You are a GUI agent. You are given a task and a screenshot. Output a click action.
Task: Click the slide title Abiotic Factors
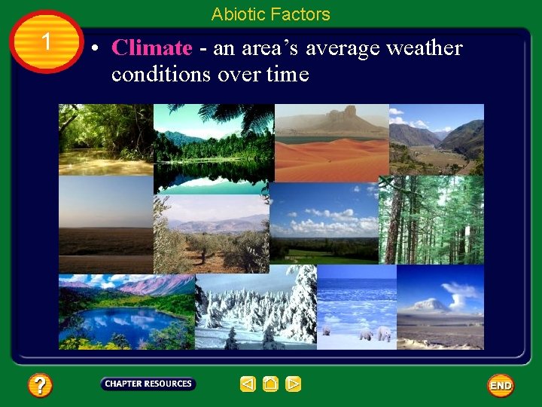(270, 14)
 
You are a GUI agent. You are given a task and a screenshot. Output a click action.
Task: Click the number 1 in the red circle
(47, 41)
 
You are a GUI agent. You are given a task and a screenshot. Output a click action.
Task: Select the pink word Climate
(151, 48)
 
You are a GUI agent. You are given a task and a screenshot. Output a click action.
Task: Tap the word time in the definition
(287, 74)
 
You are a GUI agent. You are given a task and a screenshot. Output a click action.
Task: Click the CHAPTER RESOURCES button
(148, 384)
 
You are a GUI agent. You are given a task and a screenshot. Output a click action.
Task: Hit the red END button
(501, 385)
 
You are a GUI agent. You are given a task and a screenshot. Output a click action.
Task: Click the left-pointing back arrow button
(248, 384)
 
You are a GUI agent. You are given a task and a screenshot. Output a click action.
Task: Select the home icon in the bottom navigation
(271, 384)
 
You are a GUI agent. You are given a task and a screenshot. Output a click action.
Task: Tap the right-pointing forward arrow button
(294, 384)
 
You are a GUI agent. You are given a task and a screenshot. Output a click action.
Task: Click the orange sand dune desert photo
(331, 158)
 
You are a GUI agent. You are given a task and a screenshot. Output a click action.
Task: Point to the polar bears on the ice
(374, 333)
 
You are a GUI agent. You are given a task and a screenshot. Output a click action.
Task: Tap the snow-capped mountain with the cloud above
(433, 305)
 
